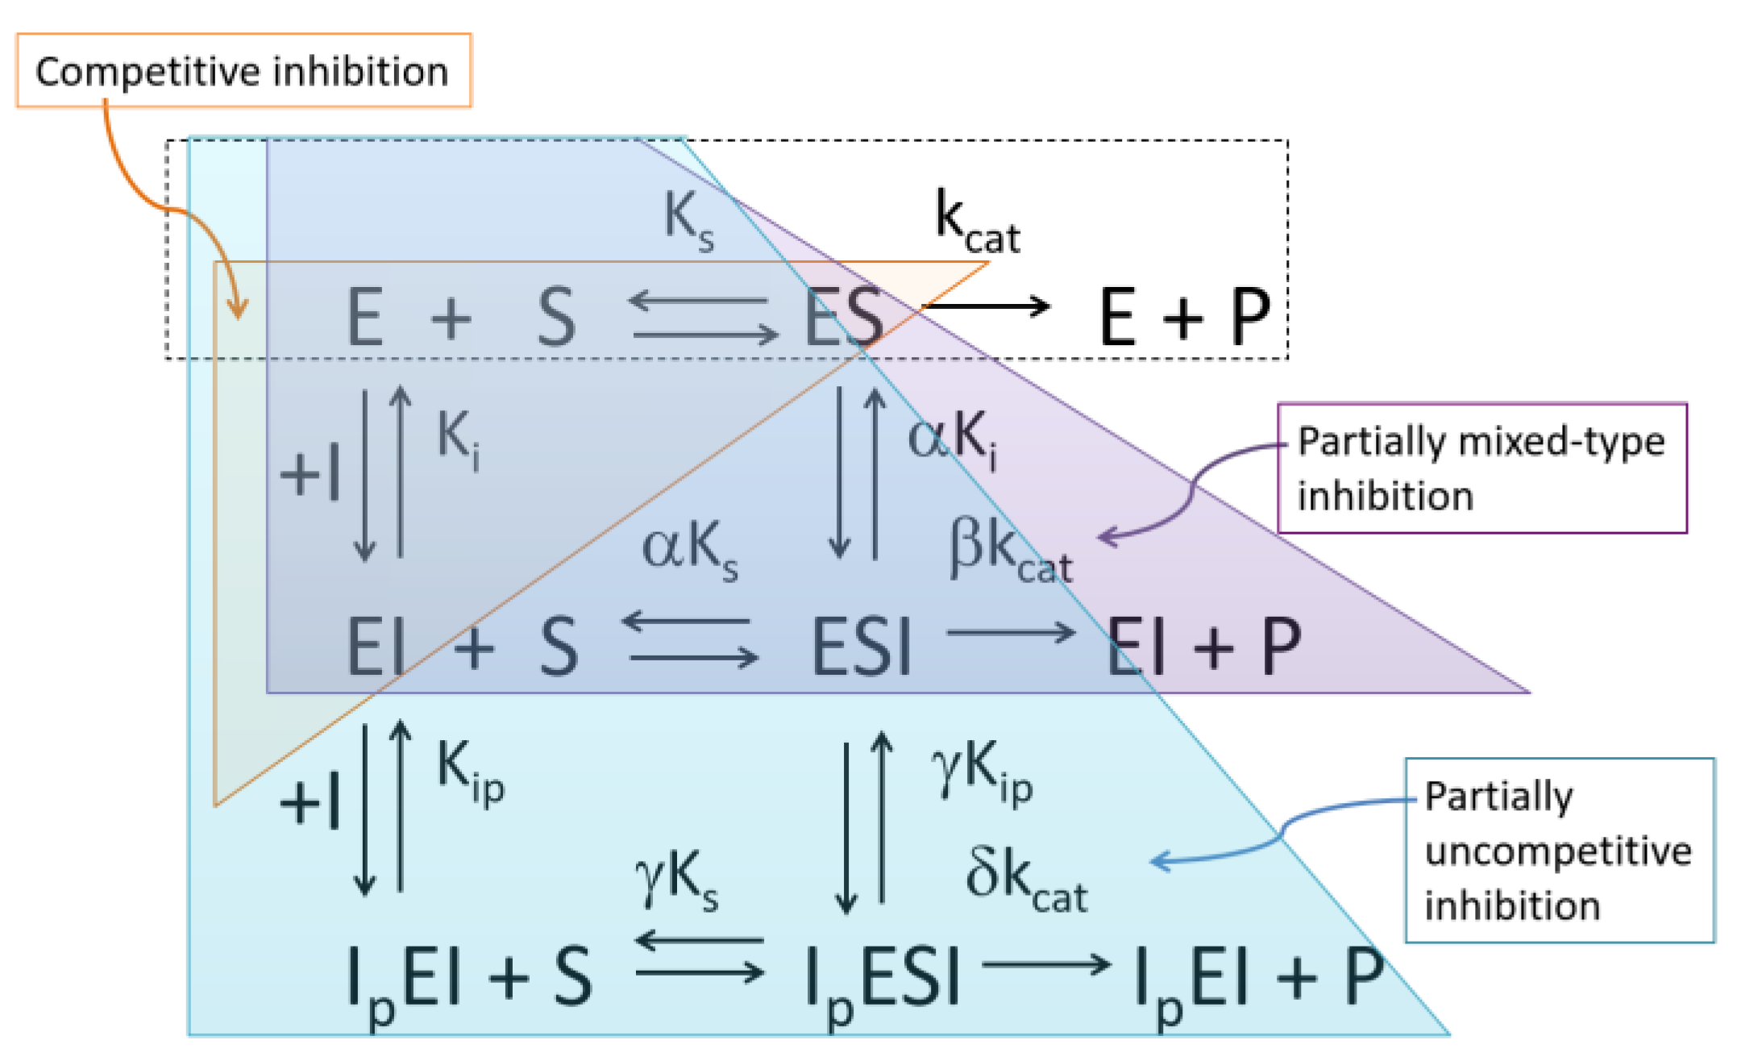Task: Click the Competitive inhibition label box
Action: (x=243, y=71)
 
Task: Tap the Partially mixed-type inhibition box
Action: (x=1481, y=468)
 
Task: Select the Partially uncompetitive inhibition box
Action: (x=1559, y=850)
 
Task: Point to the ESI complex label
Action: (x=861, y=647)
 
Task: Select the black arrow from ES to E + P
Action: (x=985, y=306)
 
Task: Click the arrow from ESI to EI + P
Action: (x=1011, y=633)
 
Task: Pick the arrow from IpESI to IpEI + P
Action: (x=1046, y=964)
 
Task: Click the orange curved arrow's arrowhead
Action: (x=238, y=309)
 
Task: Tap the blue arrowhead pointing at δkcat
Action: (x=1159, y=861)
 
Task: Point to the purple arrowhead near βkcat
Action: (x=1108, y=536)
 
